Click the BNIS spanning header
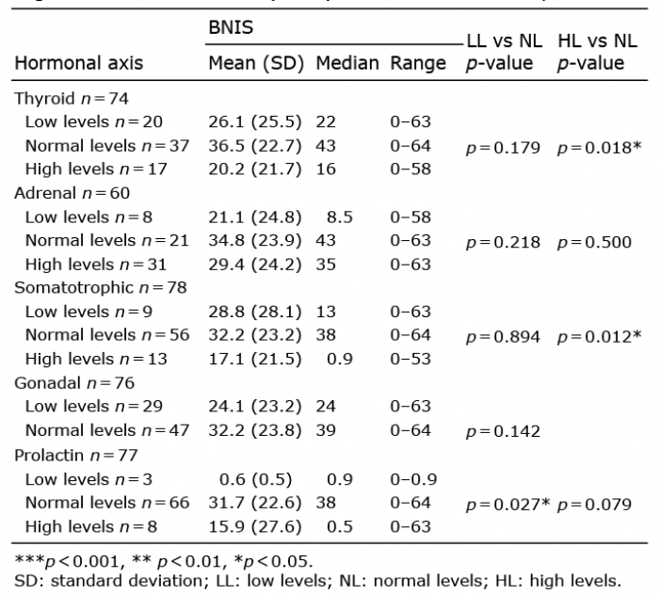[231, 27]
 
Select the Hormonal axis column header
[79, 63]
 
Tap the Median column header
[347, 63]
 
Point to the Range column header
[418, 63]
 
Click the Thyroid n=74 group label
[72, 99]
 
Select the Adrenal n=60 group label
[72, 193]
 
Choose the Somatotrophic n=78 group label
[101, 288]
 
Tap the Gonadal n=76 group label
[74, 383]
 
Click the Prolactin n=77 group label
[76, 456]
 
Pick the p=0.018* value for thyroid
[599, 148]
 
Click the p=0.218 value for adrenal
[503, 243]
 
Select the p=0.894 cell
[503, 337]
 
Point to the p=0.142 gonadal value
[503, 431]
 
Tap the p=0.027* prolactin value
[507, 505]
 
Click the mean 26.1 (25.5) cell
[255, 121]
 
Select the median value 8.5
[340, 217]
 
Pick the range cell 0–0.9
[413, 479]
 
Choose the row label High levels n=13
[96, 360]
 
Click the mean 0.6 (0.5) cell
[255, 479]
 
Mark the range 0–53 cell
[410, 360]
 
